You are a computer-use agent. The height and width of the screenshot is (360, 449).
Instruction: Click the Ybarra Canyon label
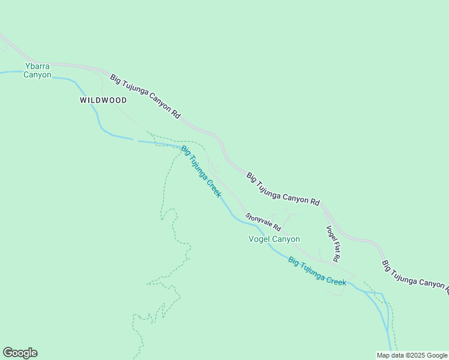37,70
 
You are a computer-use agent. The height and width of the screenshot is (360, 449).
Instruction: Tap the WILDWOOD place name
103,100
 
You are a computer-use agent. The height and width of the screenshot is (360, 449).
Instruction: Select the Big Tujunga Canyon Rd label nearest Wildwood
145,96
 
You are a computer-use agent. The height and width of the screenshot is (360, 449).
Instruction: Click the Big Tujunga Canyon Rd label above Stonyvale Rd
283,189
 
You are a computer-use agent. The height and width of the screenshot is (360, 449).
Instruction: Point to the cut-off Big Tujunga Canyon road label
415,278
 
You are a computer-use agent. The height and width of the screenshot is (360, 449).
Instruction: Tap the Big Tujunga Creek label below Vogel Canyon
317,271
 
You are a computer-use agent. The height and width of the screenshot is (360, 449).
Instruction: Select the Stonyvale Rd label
263,222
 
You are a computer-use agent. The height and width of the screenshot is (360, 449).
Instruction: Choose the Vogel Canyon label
274,239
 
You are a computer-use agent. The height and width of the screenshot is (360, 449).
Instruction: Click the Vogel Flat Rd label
333,243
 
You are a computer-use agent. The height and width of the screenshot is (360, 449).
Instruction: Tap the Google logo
20,353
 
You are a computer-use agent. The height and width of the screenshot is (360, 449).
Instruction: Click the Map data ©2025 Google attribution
412,355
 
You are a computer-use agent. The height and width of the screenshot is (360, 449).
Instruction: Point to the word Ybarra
37,65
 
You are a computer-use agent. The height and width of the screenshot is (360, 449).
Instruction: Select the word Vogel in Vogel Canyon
259,239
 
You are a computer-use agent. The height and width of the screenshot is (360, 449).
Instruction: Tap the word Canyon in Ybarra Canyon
37,75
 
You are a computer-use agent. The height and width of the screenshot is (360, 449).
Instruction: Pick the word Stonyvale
259,220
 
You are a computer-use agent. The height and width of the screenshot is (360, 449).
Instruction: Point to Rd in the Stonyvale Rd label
277,229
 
